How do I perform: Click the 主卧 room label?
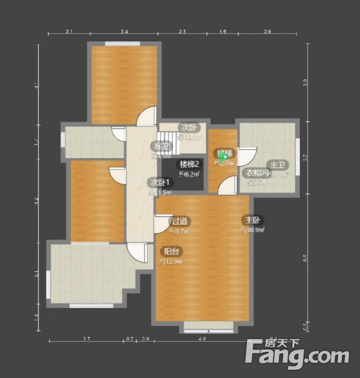252,220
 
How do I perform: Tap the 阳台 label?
171,252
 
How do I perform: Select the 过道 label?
179,221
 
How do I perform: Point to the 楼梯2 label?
189,164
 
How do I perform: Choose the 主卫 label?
276,165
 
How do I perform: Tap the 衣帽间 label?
256,173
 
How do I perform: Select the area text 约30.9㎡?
252,230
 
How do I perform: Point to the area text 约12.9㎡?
171,262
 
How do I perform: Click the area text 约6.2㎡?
189,174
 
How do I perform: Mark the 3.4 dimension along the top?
124,31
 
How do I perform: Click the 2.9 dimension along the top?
267,31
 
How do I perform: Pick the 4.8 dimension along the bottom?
202,338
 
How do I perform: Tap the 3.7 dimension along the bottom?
86,338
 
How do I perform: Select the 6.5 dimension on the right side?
305,260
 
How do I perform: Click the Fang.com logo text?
297,354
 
